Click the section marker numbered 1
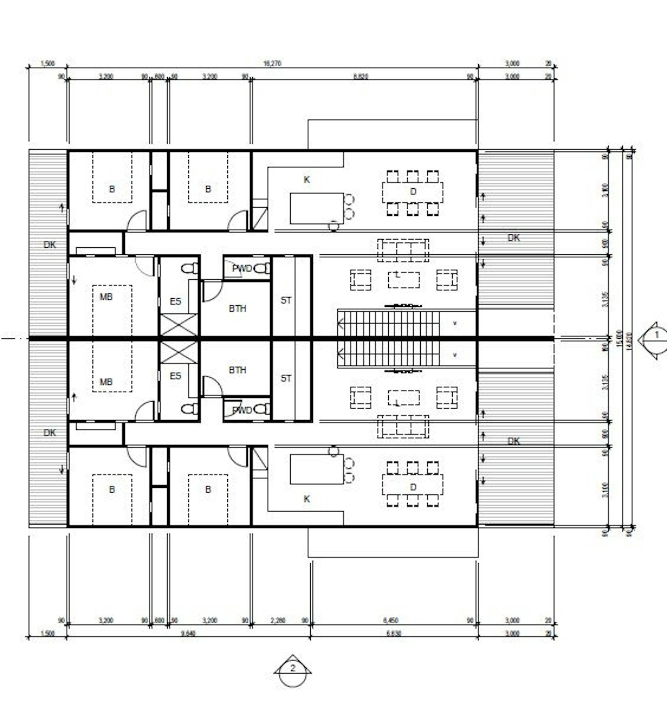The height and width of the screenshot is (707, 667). pyautogui.click(x=657, y=335)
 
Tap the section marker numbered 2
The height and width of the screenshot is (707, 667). pyautogui.click(x=293, y=668)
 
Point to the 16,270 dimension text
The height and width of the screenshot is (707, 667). pyautogui.click(x=272, y=63)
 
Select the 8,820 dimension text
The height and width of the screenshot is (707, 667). pyautogui.click(x=361, y=76)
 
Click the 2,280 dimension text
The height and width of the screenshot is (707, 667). pyautogui.click(x=278, y=620)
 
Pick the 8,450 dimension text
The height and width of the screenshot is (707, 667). pyautogui.click(x=391, y=620)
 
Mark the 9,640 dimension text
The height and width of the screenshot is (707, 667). pyautogui.click(x=188, y=633)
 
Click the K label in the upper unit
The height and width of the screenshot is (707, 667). pyautogui.click(x=306, y=180)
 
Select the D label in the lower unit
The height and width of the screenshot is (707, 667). pyautogui.click(x=413, y=487)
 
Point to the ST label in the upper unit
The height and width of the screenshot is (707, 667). pyautogui.click(x=286, y=300)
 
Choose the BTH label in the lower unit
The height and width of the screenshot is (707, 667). pyautogui.click(x=237, y=370)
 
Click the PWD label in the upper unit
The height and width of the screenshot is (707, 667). pyautogui.click(x=242, y=268)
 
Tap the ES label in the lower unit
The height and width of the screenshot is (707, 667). pyautogui.click(x=175, y=376)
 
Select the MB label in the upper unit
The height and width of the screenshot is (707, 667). pyautogui.click(x=106, y=297)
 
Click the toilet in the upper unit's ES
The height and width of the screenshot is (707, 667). pyautogui.click(x=191, y=268)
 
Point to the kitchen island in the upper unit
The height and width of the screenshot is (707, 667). pyautogui.click(x=316, y=208)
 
